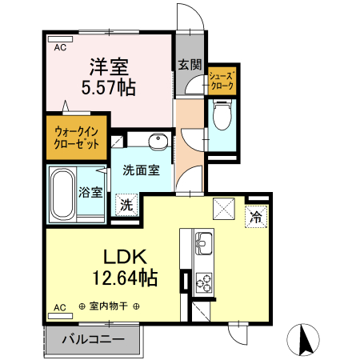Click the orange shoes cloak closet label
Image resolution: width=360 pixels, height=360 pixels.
222,78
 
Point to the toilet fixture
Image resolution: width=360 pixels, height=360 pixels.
223,117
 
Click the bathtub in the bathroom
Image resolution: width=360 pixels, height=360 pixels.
62,194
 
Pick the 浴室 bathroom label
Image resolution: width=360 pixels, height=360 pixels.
90,192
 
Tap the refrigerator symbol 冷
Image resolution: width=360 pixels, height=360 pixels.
256,215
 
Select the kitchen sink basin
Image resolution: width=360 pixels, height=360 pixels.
203,240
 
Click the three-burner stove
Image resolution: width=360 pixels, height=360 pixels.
203,282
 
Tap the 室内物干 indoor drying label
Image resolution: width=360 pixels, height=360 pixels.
110,306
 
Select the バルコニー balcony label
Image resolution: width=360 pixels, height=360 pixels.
93,339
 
